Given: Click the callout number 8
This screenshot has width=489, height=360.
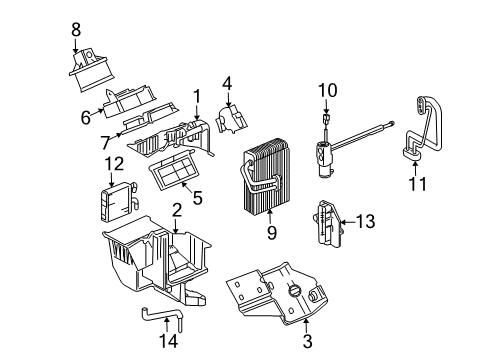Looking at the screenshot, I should [x=76, y=30].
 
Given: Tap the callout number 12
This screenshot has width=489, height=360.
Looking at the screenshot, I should [x=114, y=163].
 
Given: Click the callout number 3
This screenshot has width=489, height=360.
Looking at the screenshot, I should [x=308, y=343].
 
